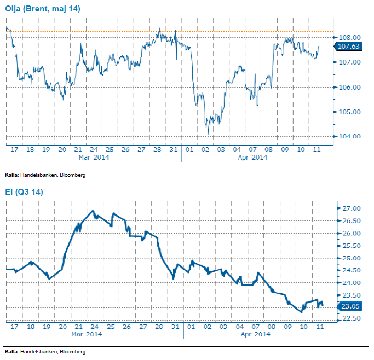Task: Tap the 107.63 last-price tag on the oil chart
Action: click(349, 47)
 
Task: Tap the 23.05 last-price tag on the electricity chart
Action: click(351, 306)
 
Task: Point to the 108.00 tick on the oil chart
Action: click(349, 37)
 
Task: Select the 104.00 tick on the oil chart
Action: click(349, 137)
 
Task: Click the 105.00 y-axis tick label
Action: click(349, 112)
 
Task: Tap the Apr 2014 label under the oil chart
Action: click(252, 158)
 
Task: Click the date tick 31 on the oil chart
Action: click(173, 149)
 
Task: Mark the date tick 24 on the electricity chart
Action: click(94, 326)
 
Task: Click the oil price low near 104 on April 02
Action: click(208, 133)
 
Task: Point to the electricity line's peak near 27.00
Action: click(92, 211)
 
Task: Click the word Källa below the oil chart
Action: click(11, 175)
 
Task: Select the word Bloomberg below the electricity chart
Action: click(73, 351)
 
